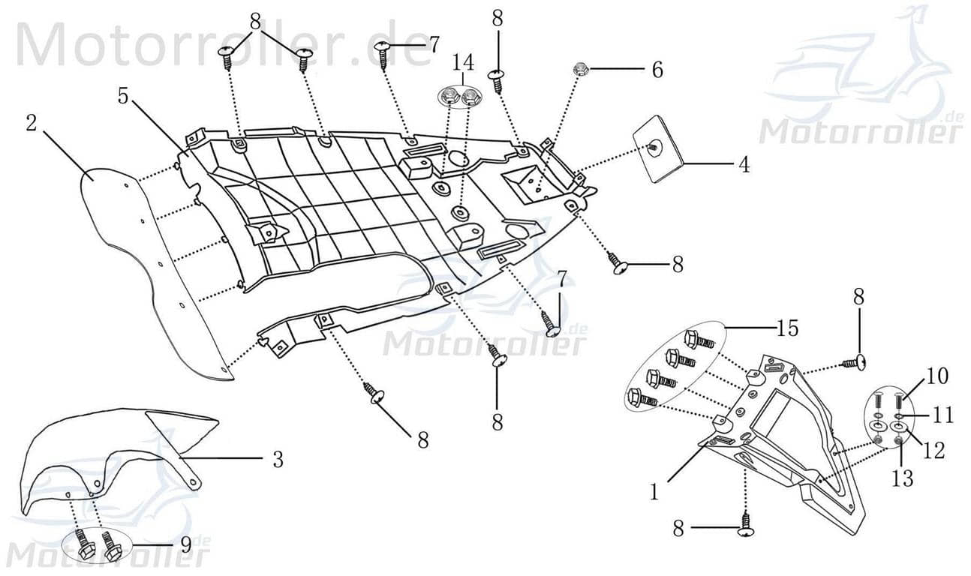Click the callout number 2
coord(31,123)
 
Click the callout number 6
coord(657,70)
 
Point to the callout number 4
coord(743,164)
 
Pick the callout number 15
coord(788,328)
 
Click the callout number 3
coord(278,459)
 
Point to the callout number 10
coord(936,376)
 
